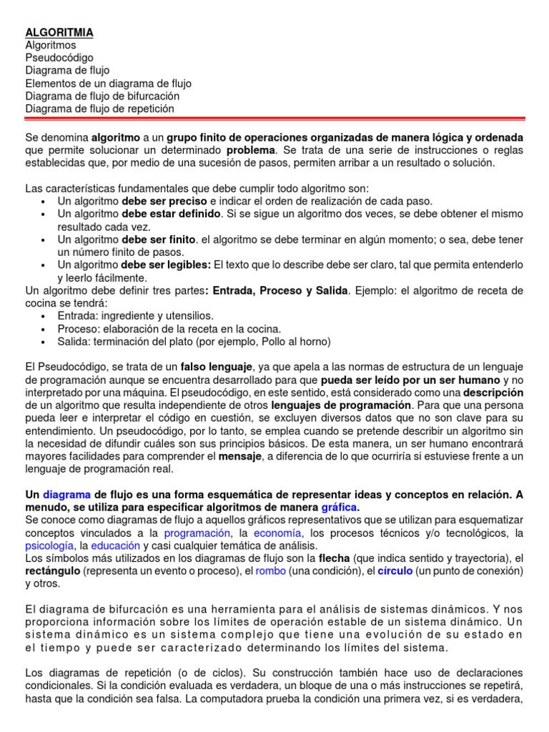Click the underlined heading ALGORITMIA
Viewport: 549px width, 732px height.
[x=59, y=32]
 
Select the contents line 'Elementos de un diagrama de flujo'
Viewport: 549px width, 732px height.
[x=108, y=83]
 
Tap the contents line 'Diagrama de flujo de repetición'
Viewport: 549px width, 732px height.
[x=99, y=109]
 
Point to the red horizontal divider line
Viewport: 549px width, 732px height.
[x=274, y=119]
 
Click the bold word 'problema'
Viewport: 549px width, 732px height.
[x=250, y=150]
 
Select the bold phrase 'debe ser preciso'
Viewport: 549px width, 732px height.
[x=164, y=202]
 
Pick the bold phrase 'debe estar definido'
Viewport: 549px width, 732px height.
[x=171, y=214]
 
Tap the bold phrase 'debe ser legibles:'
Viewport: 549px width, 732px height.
[x=166, y=265]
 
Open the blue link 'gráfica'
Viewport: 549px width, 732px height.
[x=339, y=507]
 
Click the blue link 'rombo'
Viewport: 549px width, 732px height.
[x=270, y=571]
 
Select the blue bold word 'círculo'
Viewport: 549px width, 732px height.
[x=395, y=571]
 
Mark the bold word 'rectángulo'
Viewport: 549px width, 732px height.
[x=52, y=571]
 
